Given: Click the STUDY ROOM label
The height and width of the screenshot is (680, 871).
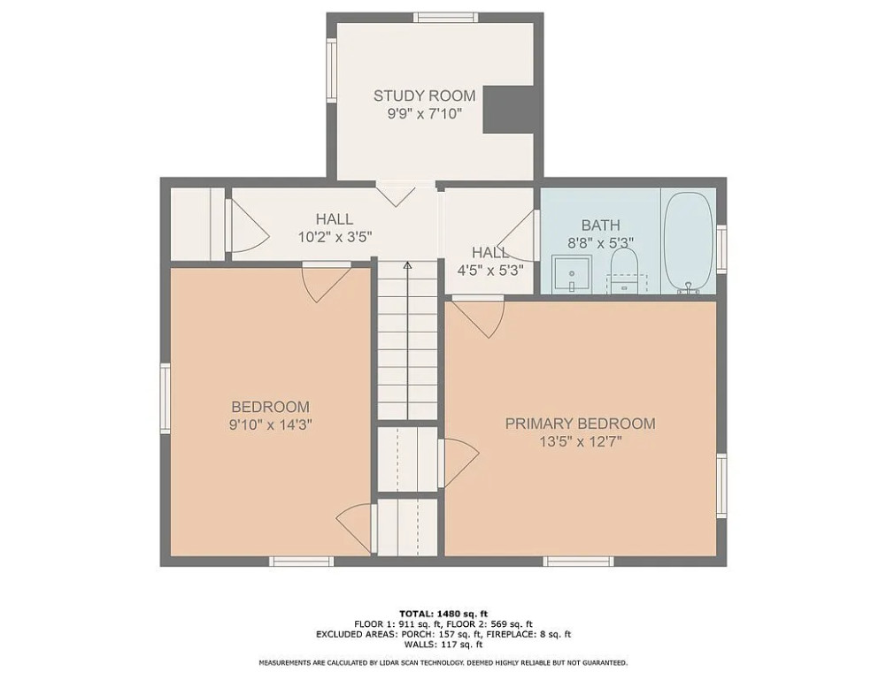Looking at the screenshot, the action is (424, 96).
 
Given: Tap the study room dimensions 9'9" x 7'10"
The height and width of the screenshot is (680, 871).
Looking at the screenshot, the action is (424, 114).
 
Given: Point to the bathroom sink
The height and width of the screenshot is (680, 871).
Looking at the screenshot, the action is (571, 273).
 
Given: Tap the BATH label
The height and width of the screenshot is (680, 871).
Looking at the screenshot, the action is (600, 225).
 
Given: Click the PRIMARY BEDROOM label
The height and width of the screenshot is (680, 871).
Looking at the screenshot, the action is (580, 424).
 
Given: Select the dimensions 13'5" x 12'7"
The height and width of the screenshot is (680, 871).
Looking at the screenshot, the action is (580, 442).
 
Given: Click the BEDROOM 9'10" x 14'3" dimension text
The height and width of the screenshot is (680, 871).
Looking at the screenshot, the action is (271, 425).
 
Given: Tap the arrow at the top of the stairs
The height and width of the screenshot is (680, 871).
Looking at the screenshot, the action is (407, 265).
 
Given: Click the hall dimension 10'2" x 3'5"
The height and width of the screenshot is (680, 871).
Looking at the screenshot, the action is (335, 237).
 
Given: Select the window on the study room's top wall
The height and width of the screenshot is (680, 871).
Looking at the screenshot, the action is (445, 17).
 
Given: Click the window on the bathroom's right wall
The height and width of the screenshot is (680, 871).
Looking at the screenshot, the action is (721, 248).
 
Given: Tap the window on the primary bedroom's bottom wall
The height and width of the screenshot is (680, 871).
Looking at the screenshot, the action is (578, 562).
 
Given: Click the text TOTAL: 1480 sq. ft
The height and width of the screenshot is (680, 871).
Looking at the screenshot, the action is (443, 614).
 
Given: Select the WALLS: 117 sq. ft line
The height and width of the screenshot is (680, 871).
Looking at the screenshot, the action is (443, 645).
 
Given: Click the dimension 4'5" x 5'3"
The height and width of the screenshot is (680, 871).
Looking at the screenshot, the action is (490, 271).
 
